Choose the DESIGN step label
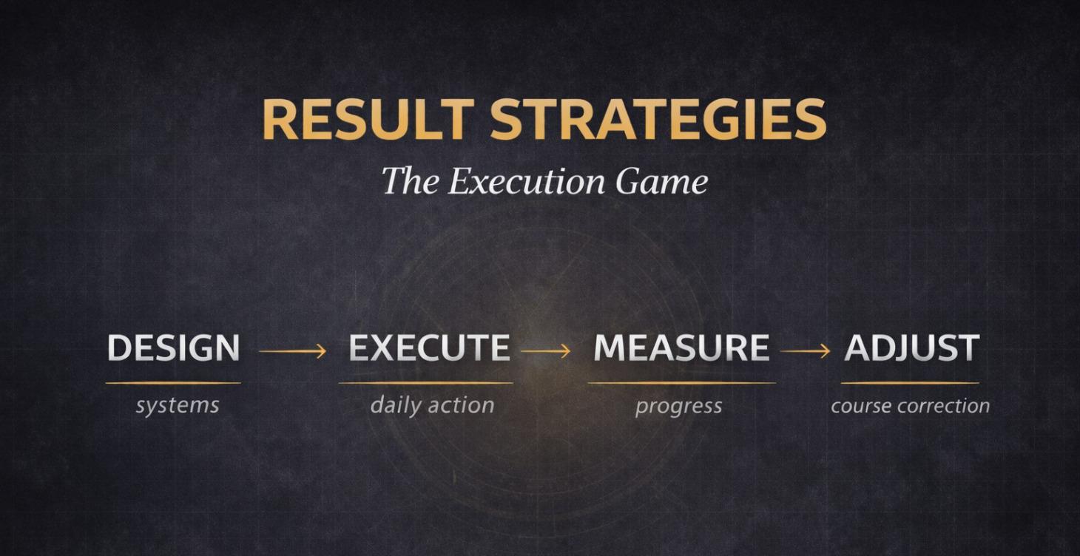173,348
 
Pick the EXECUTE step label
429,348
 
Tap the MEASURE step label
681,348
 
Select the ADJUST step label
911,348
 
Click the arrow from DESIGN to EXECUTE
293,351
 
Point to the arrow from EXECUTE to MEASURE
546,351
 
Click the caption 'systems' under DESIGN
177,405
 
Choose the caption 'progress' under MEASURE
678,406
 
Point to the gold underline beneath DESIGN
173,383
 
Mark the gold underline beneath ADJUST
910,383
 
